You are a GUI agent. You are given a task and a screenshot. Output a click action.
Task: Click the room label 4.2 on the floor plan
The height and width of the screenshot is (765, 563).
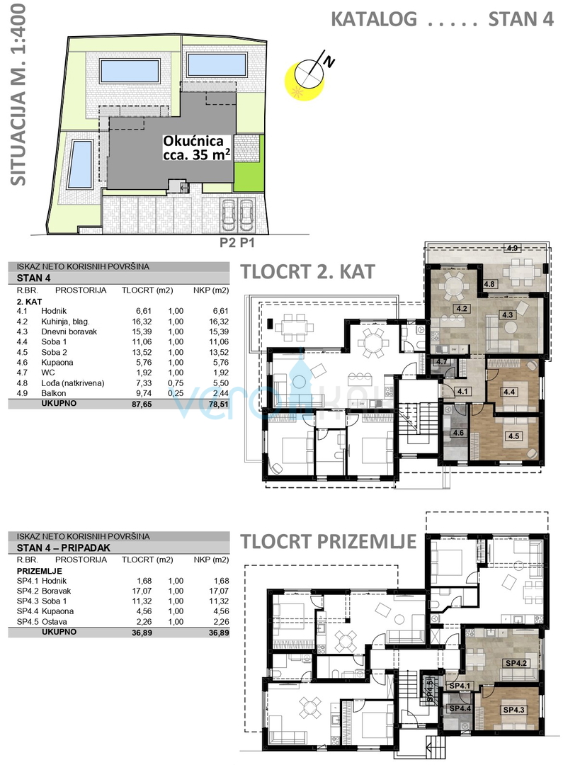point(463,309)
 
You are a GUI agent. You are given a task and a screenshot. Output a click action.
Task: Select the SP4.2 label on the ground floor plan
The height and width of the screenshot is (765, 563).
point(514,662)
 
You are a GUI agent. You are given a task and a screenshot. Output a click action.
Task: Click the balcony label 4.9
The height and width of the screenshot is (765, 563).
point(513,248)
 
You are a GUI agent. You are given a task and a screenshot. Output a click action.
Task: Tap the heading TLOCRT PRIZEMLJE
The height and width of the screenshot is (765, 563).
point(327,542)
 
